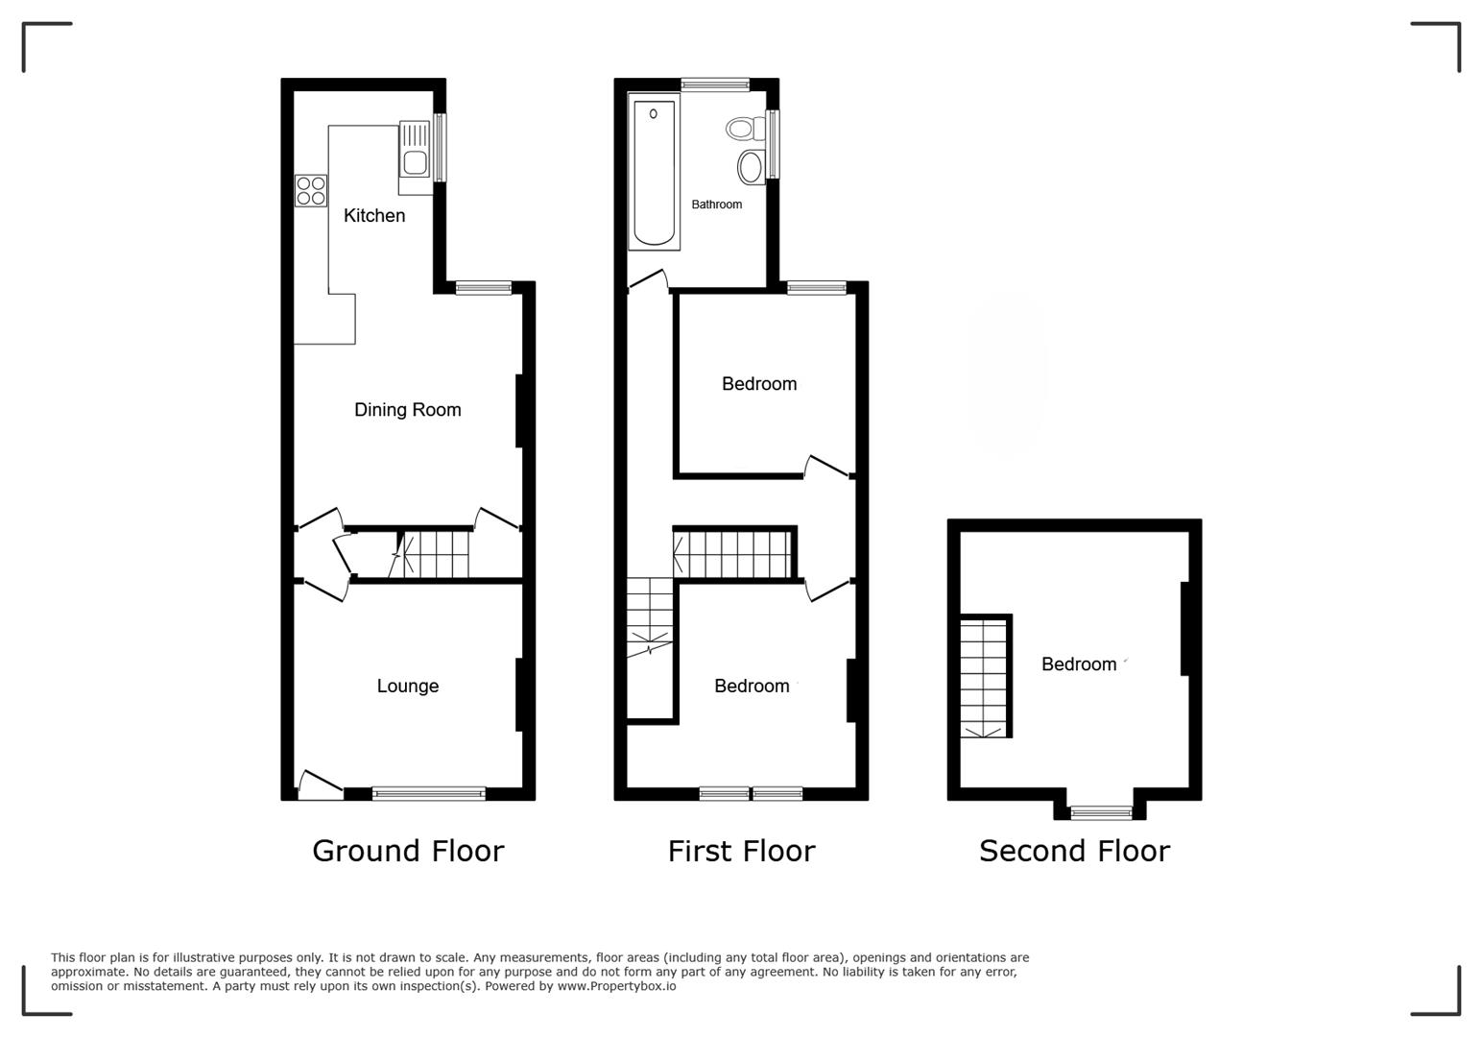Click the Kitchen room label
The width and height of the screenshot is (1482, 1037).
374,215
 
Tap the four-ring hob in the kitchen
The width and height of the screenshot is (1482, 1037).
311,191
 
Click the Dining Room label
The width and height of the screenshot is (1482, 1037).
407,410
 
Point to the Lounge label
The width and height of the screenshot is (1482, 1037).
407,686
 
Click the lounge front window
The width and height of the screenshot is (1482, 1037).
429,793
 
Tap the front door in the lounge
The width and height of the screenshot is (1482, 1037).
320,784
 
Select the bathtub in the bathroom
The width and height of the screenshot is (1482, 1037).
655,173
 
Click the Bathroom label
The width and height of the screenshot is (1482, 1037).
716,205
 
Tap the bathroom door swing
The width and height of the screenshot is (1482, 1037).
648,279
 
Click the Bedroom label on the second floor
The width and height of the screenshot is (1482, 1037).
1079,664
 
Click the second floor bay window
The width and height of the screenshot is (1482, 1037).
1101,813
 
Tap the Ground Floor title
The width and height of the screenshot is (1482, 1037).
408,851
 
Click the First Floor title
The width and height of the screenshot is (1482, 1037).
741,851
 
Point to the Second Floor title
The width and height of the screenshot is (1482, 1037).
1074,851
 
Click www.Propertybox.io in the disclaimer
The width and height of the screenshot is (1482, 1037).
616,986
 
